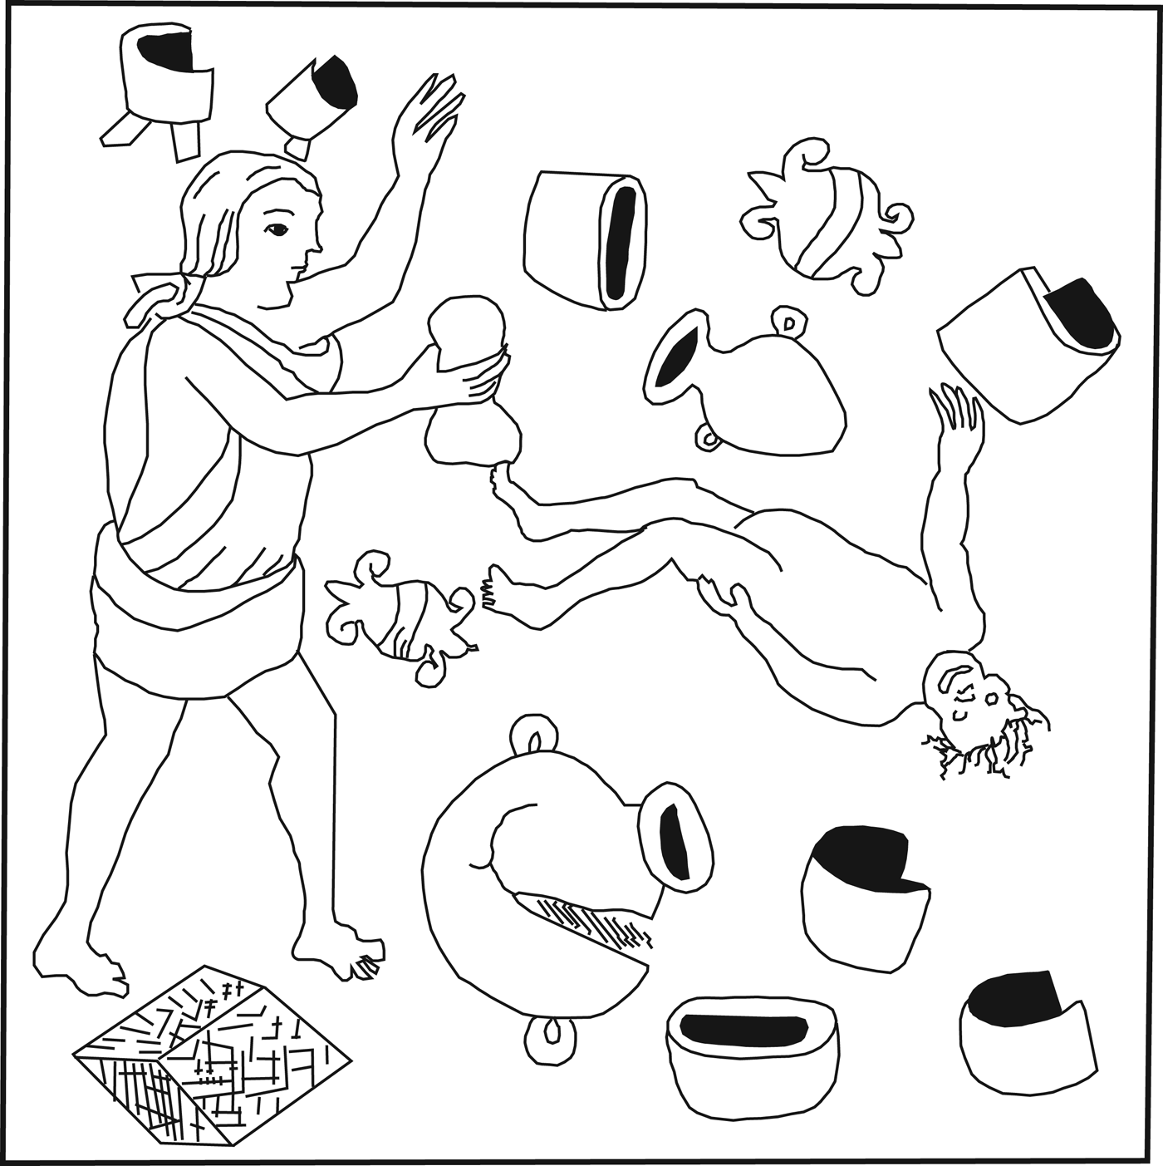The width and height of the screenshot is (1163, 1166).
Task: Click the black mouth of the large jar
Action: tap(675, 839)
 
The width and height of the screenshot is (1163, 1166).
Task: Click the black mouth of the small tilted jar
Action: tap(677, 356)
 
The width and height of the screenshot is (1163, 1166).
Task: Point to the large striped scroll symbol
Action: tap(827, 218)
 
